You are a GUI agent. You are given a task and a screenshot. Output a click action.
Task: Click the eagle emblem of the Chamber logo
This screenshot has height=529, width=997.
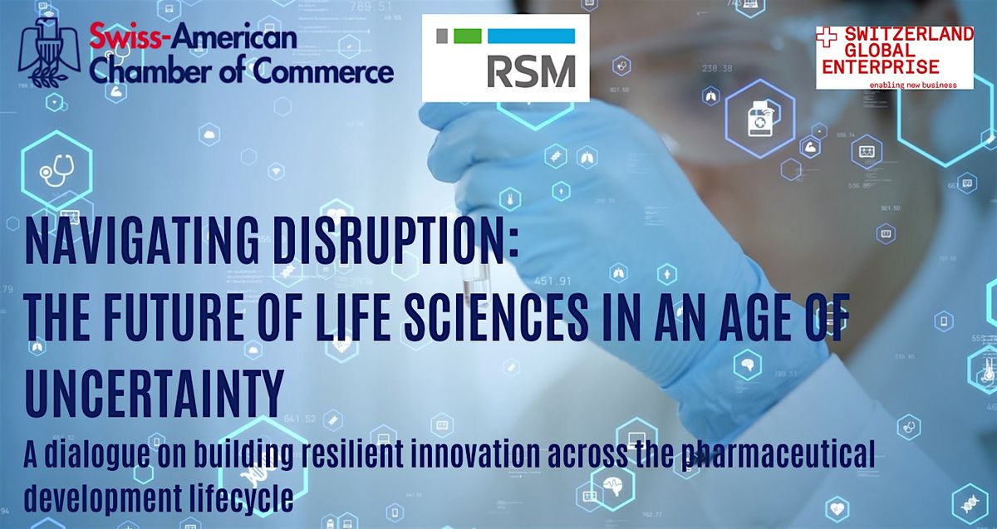point(49,52)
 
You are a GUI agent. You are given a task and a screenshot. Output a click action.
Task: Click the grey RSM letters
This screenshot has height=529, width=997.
point(532,71)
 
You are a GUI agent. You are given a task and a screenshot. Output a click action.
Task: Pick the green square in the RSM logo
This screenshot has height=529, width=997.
point(467,36)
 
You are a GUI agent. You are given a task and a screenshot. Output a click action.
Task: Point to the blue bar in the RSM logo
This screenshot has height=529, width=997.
point(532,36)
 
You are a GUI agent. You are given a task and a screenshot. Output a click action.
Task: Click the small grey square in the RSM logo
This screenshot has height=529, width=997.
point(442,36)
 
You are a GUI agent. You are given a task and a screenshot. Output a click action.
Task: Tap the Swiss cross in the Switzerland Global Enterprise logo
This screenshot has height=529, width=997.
point(827,37)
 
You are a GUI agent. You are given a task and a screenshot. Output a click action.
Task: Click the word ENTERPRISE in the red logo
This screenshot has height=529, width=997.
point(881,67)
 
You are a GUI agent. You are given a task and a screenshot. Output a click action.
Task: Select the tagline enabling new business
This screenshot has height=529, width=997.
point(913,85)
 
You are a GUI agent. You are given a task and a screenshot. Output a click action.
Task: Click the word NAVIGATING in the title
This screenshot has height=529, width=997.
point(142,242)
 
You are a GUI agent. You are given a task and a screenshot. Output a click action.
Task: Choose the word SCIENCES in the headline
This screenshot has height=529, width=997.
point(496,317)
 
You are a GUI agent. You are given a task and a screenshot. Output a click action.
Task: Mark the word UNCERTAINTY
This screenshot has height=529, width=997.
point(155,394)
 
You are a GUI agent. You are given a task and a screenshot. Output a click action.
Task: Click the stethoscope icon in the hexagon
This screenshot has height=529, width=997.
point(56,170)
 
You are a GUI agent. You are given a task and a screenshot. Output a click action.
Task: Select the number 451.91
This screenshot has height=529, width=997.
point(553,282)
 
